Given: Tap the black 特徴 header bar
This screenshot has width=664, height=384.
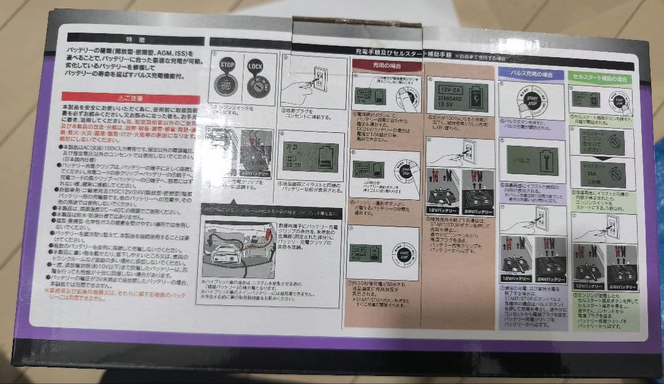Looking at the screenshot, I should pyautogui.click(x=127, y=38).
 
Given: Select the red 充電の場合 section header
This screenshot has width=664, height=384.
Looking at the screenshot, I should pyautogui.click(x=386, y=65).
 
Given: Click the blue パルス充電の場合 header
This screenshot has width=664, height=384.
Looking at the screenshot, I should pyautogui.click(x=532, y=74).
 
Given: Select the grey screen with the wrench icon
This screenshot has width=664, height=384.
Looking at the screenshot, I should pyautogui.click(x=530, y=160).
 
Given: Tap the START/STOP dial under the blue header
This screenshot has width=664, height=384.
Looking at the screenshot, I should pyautogui.click(x=531, y=98).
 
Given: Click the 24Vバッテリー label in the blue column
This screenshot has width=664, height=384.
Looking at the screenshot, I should pyautogui.click(x=549, y=279).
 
